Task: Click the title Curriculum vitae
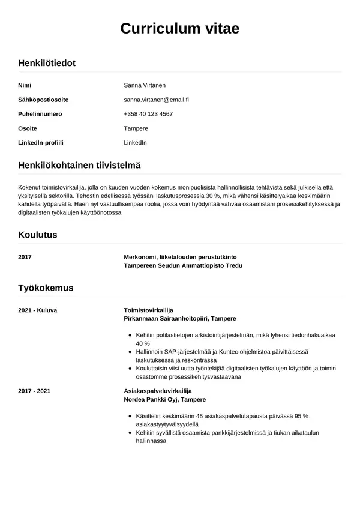pyautogui.click(x=180, y=28)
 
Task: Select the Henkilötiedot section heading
pyautogui.click(x=47, y=62)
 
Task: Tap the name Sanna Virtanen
pyautogui.click(x=144, y=85)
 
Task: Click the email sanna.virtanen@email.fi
pyautogui.click(x=156, y=100)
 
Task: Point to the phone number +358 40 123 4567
pyautogui.click(x=148, y=114)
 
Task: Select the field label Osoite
pyautogui.click(x=28, y=128)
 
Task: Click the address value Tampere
pyautogui.click(x=136, y=128)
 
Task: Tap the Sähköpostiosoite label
pyautogui.click(x=43, y=100)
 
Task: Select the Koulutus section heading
pyautogui.click(x=38, y=235)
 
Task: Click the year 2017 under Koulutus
pyautogui.click(x=25, y=257)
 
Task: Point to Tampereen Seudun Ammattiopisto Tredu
pyautogui.click(x=183, y=265)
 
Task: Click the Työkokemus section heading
pyautogui.click(x=46, y=288)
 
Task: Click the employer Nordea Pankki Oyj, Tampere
pyautogui.click(x=164, y=399)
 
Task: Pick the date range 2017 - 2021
pyautogui.click(x=34, y=391)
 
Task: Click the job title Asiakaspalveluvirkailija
pyautogui.click(x=157, y=391)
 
